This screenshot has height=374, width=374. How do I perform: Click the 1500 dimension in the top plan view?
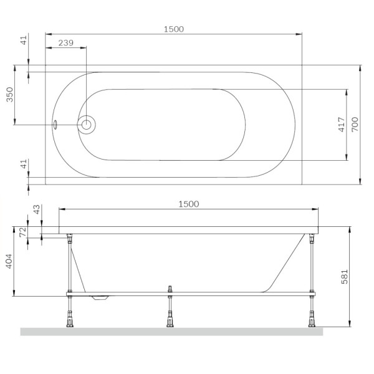coord(174,29)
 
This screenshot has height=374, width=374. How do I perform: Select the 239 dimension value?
coord(66,43)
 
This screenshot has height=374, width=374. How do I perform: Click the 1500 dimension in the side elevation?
coord(188,204)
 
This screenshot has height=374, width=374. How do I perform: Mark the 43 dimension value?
coord(36,210)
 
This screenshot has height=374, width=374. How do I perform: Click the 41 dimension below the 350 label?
coord(24,165)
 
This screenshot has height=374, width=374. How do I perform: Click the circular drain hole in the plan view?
coord(86,125)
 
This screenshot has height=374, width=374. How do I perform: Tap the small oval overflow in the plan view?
coord(55,125)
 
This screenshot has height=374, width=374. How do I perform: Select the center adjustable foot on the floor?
coord(169,322)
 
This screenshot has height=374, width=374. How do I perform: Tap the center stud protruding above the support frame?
coord(169,289)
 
